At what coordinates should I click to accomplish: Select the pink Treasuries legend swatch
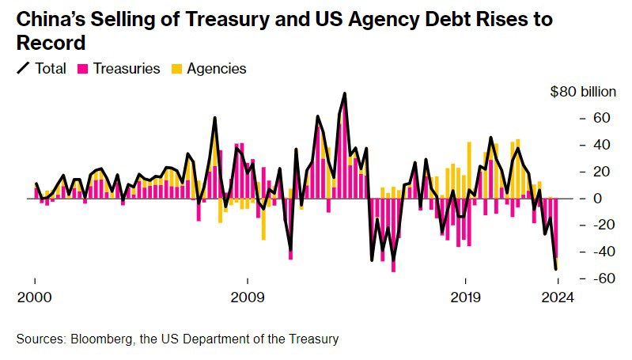[x=82, y=69]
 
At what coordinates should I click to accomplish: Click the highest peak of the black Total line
[x=345, y=93]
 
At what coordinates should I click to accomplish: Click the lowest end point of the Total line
[x=556, y=270]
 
